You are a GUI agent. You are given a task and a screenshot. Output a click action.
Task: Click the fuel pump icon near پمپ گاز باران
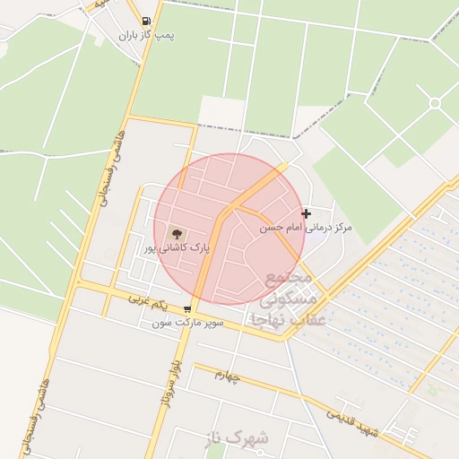click(146, 21)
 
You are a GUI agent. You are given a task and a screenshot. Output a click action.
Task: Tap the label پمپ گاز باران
click(147, 36)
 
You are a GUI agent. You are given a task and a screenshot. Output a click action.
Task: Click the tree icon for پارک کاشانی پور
click(175, 232)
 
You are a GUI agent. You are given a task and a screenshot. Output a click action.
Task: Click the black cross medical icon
click(307, 213)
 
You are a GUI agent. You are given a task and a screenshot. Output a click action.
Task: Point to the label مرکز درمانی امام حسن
click(306, 229)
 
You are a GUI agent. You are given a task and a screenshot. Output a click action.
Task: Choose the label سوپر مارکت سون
click(186, 321)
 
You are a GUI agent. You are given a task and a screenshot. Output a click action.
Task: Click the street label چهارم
click(228, 376)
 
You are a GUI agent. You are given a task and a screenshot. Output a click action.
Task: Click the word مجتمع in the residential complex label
click(288, 275)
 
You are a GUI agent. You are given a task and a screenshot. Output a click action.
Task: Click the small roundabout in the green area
click(435, 103)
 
